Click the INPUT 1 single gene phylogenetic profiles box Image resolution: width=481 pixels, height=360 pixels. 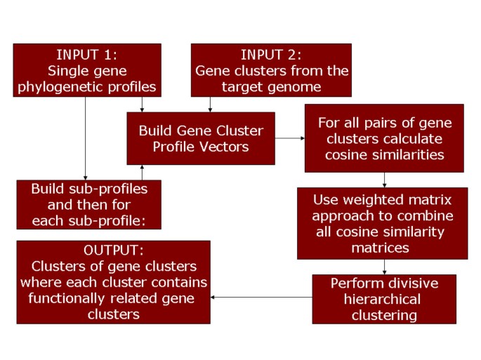point(87,70)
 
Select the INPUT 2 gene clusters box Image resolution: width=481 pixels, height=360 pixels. point(271,70)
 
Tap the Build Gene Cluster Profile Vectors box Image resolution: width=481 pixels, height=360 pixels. point(200,138)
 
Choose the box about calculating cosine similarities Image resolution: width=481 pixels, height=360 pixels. point(384,138)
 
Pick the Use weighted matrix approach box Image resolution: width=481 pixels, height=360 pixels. point(383,223)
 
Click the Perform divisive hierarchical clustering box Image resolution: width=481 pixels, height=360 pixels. point(384,299)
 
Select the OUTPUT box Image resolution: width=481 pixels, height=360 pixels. point(113,282)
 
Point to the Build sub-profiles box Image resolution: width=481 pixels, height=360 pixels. point(88,205)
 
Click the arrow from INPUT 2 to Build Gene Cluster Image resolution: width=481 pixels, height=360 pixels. point(209,104)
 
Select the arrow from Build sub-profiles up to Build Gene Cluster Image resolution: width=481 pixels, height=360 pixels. point(143,173)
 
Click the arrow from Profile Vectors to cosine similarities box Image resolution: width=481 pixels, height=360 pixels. point(289,138)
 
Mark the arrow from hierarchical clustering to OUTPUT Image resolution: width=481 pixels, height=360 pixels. point(261,297)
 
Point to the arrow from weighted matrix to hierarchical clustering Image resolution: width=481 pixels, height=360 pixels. point(384,267)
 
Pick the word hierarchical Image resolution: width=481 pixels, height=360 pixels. point(386,300)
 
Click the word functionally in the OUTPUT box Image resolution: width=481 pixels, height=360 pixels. point(64,298)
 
